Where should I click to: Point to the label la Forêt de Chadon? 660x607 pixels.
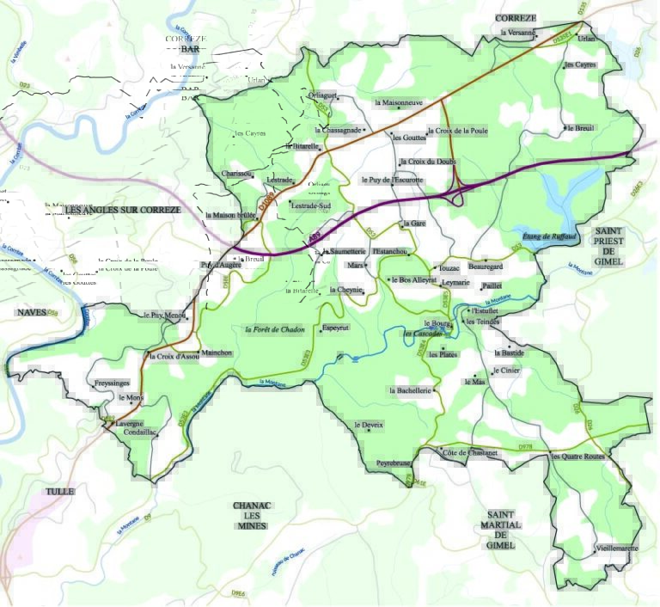(275, 329)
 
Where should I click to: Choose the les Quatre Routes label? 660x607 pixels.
(578, 456)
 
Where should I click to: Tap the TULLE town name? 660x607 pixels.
(60, 492)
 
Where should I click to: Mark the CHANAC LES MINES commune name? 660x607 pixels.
(252, 515)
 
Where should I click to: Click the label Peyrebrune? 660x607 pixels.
(394, 463)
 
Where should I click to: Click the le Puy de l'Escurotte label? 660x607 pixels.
(394, 181)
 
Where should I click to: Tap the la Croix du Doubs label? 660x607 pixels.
(427, 162)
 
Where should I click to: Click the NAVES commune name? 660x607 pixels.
(31, 312)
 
